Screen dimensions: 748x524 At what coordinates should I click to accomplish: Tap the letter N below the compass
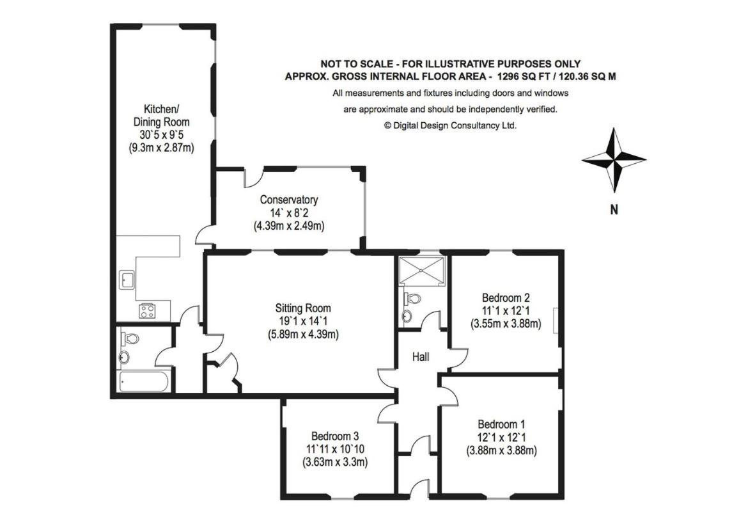[614, 209]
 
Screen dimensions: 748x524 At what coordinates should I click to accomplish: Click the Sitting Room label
[303, 308]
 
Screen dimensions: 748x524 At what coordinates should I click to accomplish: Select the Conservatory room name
[288, 200]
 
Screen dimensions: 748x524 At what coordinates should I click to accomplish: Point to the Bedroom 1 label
[501, 424]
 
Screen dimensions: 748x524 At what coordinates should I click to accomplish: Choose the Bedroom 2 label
[506, 298]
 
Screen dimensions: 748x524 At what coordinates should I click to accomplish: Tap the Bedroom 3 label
[335, 436]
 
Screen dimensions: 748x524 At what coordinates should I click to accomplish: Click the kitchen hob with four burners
[147, 311]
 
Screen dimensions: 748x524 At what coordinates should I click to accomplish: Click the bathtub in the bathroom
[143, 382]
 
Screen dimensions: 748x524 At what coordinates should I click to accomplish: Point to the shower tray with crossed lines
[422, 271]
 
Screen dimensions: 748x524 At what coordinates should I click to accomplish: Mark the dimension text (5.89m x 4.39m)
[303, 334]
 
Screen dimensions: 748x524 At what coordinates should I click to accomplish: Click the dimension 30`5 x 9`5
[161, 135]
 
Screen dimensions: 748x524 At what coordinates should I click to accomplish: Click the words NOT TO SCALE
[356, 63]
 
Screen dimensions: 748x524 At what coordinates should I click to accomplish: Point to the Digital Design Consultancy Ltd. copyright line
[450, 126]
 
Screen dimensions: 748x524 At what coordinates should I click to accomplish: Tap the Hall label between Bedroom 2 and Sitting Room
[421, 356]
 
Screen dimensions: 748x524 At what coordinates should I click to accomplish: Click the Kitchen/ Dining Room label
[161, 116]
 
